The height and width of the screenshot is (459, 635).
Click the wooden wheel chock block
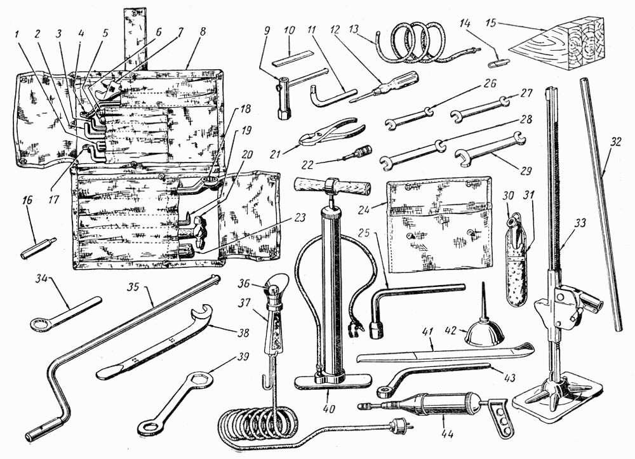click(559, 44)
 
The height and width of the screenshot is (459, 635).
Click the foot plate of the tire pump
click(333, 381)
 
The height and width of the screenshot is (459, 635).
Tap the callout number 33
click(581, 223)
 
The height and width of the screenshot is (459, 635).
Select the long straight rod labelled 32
click(601, 204)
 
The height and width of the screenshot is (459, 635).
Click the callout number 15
click(491, 22)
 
